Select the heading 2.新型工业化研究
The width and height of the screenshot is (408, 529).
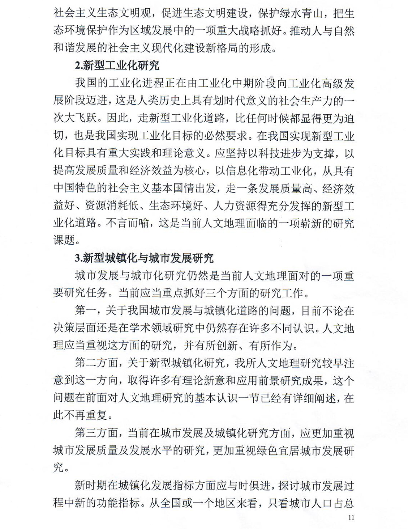click(117, 65)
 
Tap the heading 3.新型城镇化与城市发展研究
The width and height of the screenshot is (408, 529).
click(144, 258)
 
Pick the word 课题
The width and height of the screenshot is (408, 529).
click(64, 240)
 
